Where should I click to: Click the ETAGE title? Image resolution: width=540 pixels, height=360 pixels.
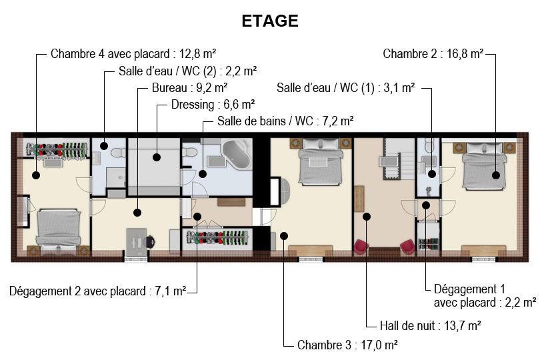[269, 21]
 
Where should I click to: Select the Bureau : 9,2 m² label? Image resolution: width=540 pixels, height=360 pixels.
[189, 88]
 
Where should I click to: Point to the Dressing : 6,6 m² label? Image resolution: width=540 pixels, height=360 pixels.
[213, 105]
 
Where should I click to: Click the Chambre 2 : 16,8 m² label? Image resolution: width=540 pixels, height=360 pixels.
[433, 54]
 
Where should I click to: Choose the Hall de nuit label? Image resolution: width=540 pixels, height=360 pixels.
[407, 325]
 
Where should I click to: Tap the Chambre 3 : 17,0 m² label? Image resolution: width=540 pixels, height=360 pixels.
[347, 345]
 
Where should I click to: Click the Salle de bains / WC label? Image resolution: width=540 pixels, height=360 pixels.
[265, 121]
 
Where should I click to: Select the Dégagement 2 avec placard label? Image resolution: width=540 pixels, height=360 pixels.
[77, 291]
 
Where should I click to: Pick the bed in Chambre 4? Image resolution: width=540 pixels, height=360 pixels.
[59, 229]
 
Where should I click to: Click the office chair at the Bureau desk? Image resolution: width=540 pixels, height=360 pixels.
[150, 241]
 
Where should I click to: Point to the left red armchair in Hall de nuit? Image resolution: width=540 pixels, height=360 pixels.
[361, 247]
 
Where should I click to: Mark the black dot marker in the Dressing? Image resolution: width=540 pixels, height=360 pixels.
[157, 157]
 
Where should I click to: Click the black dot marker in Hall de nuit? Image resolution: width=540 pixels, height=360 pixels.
[367, 217]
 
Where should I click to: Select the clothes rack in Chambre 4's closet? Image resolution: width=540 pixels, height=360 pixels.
[57, 150]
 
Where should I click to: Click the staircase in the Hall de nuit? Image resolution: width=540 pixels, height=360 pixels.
[399, 159]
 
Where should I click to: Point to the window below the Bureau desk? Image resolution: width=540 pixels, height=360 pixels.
[137, 259]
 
